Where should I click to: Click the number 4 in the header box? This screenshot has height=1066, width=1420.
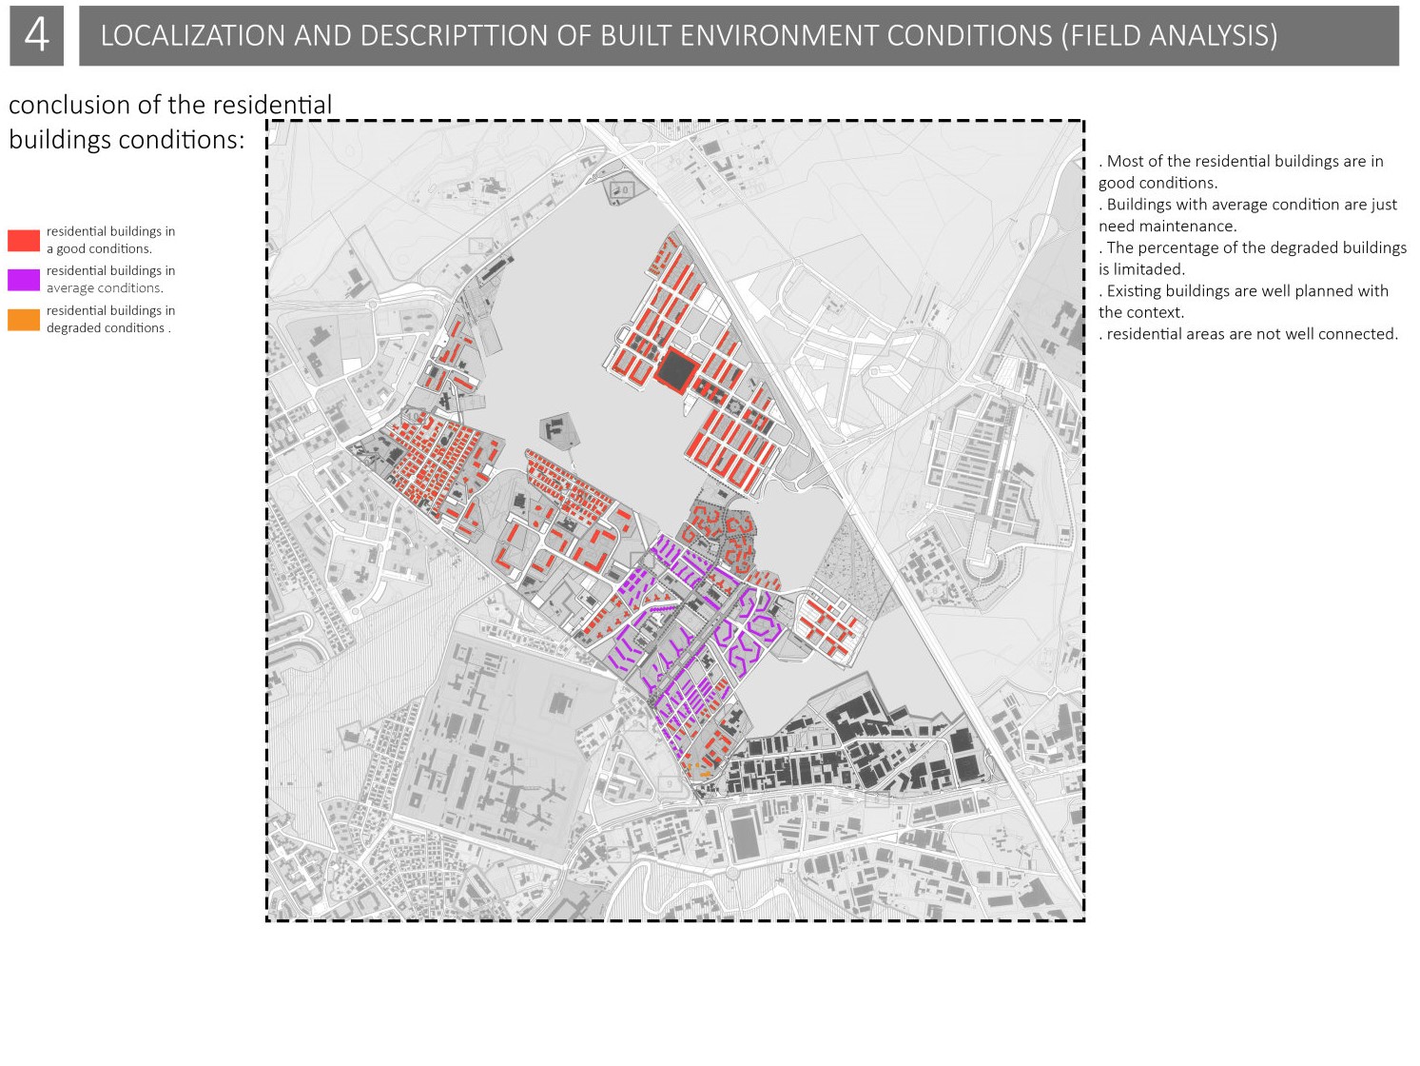[36, 35]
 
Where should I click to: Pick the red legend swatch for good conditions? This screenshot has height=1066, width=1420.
[24, 240]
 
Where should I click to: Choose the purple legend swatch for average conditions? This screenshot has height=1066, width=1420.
[24, 280]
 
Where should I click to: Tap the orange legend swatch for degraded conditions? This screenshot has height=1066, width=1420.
[24, 320]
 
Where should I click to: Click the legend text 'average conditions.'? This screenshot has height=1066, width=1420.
[105, 288]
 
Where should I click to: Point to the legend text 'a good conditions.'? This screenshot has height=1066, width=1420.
[99, 249]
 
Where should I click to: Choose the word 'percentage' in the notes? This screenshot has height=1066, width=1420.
[1178, 247]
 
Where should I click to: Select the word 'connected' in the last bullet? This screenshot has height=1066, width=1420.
[1363, 334]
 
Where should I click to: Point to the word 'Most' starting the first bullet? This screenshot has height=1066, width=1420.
[1125, 162]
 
